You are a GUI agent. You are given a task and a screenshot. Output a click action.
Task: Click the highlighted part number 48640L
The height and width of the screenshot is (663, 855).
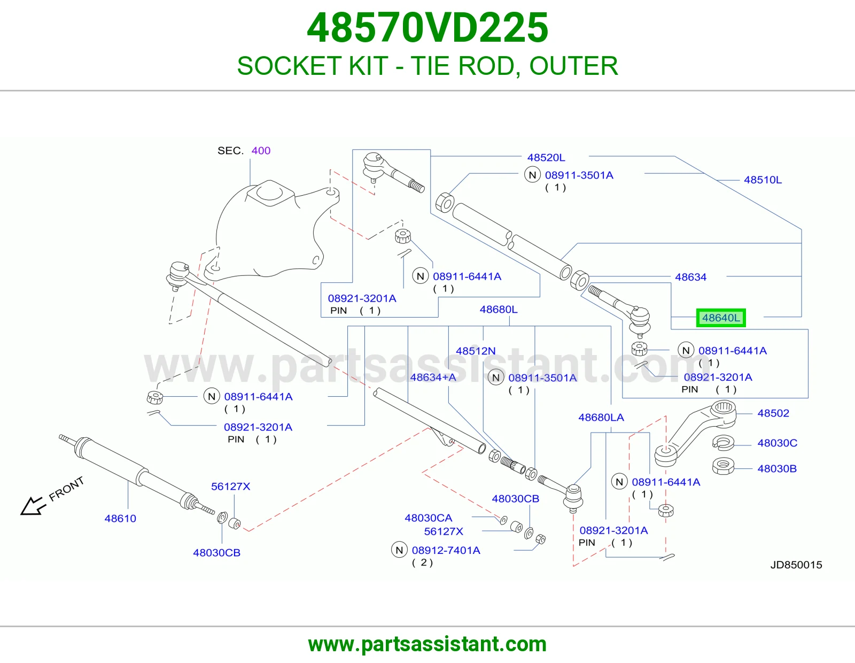pos(721,318)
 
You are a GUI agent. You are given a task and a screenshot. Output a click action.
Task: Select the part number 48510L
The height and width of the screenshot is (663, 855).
pos(763,180)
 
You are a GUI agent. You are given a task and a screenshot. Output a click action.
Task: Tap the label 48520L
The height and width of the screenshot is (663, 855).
pos(546,158)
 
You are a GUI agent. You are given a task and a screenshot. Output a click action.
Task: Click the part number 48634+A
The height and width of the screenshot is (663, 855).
pos(433,377)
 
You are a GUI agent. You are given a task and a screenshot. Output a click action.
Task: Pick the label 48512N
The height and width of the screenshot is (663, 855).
pos(476,351)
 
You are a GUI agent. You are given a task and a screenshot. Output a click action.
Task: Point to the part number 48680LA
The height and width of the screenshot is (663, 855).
pos(601,418)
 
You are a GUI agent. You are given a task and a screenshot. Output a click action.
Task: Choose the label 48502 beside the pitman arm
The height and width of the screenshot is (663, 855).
pos(774,413)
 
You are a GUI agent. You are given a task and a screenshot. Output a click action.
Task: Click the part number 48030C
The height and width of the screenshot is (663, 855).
pos(778,443)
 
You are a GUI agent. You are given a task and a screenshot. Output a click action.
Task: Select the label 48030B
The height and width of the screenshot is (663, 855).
pos(777,468)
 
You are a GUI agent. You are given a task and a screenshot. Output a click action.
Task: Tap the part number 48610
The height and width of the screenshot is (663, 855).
pos(120,519)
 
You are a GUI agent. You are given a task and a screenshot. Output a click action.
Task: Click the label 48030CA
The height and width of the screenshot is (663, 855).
pos(429,518)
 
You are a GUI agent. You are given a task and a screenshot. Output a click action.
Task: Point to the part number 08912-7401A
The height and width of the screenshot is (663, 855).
pos(446,550)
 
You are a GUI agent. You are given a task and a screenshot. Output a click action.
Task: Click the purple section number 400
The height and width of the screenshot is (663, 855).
pos(261,151)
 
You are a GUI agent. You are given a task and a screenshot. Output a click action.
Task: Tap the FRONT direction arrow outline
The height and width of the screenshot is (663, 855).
pos(32,506)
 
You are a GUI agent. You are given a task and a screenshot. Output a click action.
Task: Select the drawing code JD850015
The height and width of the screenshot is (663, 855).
pos(796,565)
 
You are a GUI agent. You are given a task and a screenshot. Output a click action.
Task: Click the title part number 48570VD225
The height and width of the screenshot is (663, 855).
pos(428,28)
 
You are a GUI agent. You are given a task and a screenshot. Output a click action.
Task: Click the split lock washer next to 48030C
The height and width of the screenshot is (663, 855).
pos(723,443)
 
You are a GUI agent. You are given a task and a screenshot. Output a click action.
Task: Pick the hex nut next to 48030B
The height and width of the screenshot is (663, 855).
pos(723,466)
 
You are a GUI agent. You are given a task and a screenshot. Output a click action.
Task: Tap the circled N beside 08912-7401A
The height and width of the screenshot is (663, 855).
pos(399,550)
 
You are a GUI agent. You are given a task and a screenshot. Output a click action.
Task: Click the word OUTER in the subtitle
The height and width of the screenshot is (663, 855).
pos(574,66)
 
